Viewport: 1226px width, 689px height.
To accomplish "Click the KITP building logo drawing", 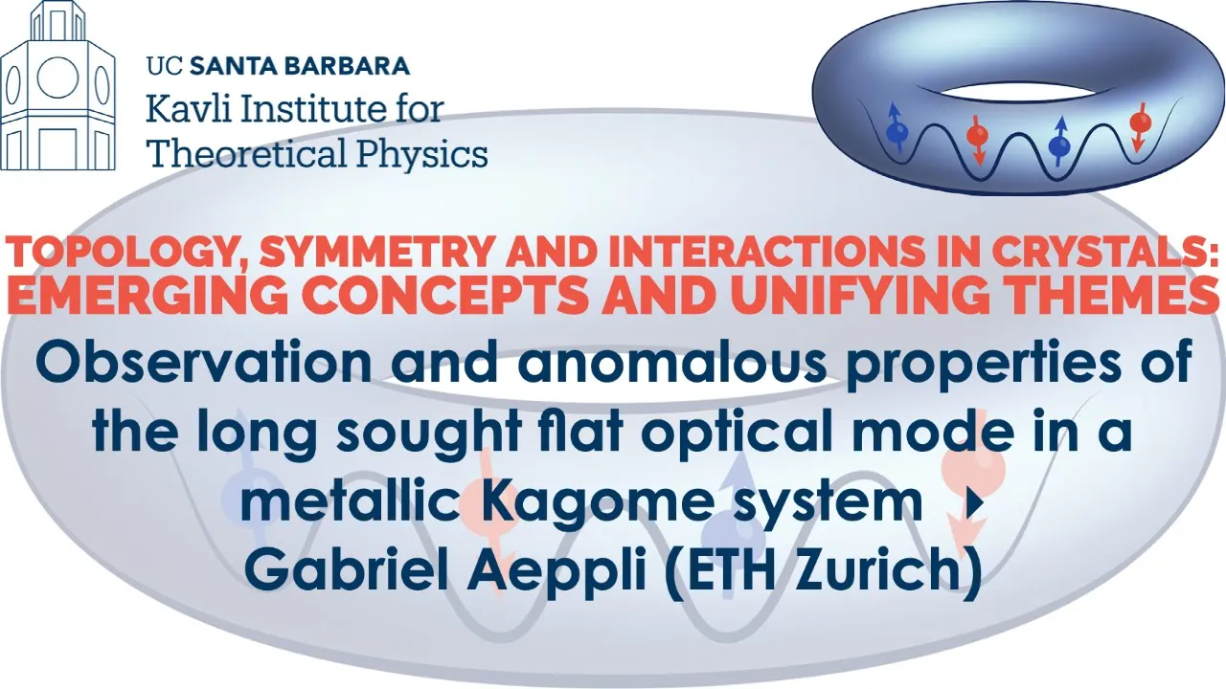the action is point(58,86).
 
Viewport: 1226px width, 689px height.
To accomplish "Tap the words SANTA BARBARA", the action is point(300,66).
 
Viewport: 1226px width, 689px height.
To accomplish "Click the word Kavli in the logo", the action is point(185,109).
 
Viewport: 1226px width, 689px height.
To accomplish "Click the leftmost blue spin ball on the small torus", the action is point(897,133).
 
